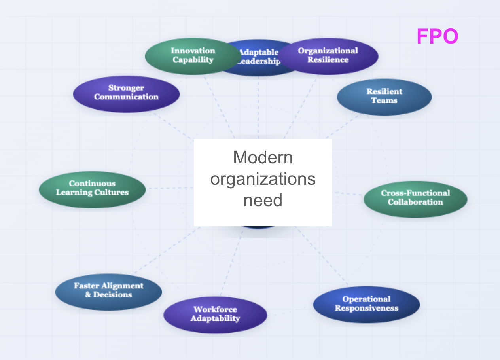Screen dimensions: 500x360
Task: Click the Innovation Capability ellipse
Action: [193, 56]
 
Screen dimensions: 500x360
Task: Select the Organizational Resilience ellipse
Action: [328, 56]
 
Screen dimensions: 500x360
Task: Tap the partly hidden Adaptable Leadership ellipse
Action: [259, 67]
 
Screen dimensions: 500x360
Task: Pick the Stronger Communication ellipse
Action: [126, 94]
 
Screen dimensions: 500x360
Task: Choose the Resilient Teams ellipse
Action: [384, 97]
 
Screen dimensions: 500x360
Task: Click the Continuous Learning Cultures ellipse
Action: [92, 190]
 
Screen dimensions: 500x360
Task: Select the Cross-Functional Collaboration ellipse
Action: [415, 199]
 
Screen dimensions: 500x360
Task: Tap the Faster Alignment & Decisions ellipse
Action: [108, 292]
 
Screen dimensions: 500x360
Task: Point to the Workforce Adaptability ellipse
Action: [215, 315]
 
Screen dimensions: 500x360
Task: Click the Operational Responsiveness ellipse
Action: [367, 305]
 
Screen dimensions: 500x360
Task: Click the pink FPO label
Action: [437, 36]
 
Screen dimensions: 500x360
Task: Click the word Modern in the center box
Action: [263, 157]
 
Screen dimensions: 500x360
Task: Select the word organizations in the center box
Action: [263, 180]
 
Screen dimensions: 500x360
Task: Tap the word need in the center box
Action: [263, 200]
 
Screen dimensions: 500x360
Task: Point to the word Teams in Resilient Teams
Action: [384, 100]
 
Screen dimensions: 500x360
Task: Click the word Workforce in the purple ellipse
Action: [215, 309]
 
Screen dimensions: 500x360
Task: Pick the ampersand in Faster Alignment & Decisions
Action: [88, 295]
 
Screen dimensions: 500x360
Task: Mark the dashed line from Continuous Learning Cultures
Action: [171, 188]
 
